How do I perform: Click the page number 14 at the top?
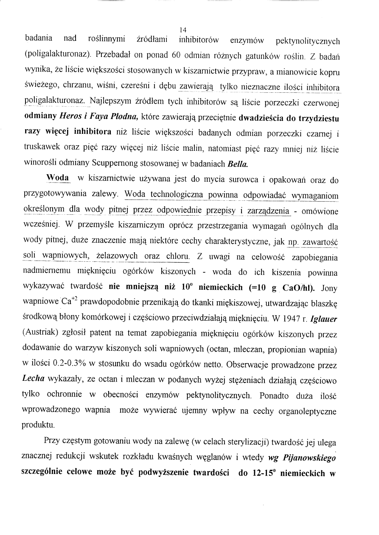pos(183,30)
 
